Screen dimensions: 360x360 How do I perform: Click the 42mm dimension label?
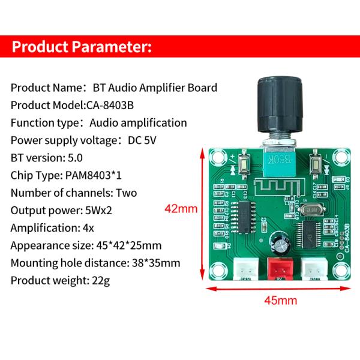click(x=181, y=209)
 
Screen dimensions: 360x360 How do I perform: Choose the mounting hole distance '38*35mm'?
click(x=158, y=263)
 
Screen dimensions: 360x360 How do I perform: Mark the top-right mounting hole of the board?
click(x=342, y=157)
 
